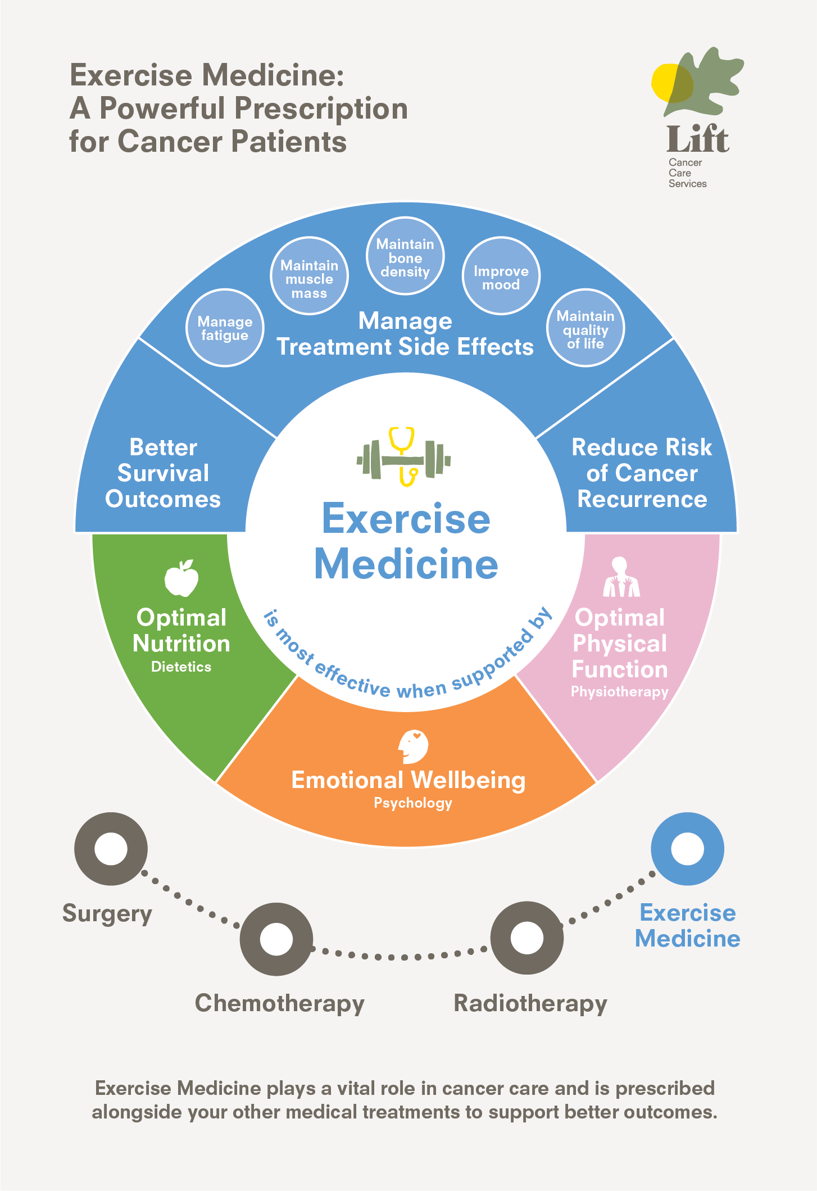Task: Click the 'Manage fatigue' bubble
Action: click(x=225, y=328)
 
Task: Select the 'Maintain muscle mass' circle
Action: click(x=309, y=276)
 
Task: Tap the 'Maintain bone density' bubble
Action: click(x=405, y=256)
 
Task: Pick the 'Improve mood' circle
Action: click(x=501, y=276)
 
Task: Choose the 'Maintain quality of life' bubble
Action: click(x=585, y=328)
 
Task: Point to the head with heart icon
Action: click(x=413, y=746)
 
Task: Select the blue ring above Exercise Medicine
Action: click(x=687, y=849)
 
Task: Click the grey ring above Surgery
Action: click(x=111, y=849)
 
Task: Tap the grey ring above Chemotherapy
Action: click(x=276, y=939)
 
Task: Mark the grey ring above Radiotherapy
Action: click(x=527, y=938)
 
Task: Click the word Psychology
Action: click(x=413, y=803)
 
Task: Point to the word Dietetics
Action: click(x=181, y=667)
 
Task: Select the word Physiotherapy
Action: click(x=619, y=691)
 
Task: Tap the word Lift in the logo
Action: click(x=697, y=139)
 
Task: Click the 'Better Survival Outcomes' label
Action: click(x=163, y=473)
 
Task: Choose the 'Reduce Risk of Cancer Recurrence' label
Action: click(x=642, y=473)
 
